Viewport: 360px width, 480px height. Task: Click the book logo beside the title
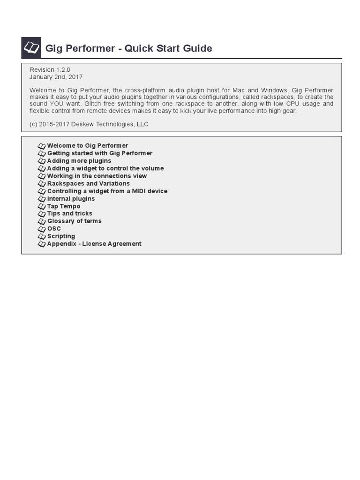[x=31, y=48]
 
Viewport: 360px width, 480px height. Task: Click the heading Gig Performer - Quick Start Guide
[x=128, y=48]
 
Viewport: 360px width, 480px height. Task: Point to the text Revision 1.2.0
[x=50, y=69]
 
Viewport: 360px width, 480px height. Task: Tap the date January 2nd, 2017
[x=56, y=77]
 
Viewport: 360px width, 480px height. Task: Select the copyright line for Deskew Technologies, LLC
[x=89, y=124]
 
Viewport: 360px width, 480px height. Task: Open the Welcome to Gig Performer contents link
[x=87, y=146]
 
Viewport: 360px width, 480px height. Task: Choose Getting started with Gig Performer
[x=99, y=153]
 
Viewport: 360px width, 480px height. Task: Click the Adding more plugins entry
[x=79, y=161]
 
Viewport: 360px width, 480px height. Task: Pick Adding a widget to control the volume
[x=105, y=168]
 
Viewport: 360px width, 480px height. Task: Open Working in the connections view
[x=97, y=176]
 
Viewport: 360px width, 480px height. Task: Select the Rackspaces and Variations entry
[x=88, y=183]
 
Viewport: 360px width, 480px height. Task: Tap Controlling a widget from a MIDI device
[x=107, y=191]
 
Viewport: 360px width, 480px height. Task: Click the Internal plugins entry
[x=71, y=198]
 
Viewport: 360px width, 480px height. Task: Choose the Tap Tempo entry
[x=63, y=206]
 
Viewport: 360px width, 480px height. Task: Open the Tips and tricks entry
[x=69, y=213]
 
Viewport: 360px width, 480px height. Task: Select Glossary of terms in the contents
[x=74, y=221]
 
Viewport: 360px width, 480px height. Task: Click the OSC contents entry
[x=54, y=228]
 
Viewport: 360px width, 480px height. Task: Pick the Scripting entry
[x=61, y=236]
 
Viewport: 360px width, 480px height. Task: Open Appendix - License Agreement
[x=94, y=244]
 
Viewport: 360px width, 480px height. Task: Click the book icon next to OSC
[x=42, y=229]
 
